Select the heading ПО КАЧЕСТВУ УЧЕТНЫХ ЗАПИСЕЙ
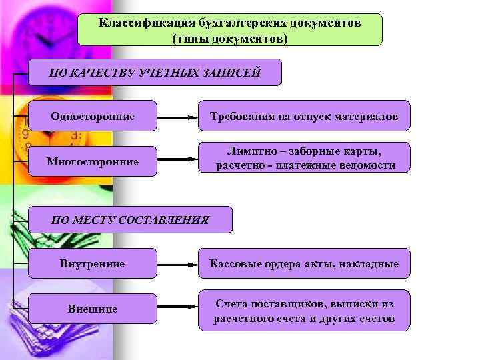[x=155, y=73]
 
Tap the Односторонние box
[x=93, y=116]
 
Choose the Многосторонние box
[x=93, y=161]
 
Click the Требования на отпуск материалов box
[x=304, y=116]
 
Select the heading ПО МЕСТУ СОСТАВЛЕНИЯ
[x=130, y=219]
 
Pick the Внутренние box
[x=93, y=263]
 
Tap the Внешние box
[x=93, y=309]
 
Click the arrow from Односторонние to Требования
[x=177, y=117]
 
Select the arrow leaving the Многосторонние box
[x=177, y=160]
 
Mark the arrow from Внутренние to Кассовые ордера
[x=177, y=264]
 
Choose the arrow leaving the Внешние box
[x=177, y=308]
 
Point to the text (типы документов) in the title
[x=230, y=39]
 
